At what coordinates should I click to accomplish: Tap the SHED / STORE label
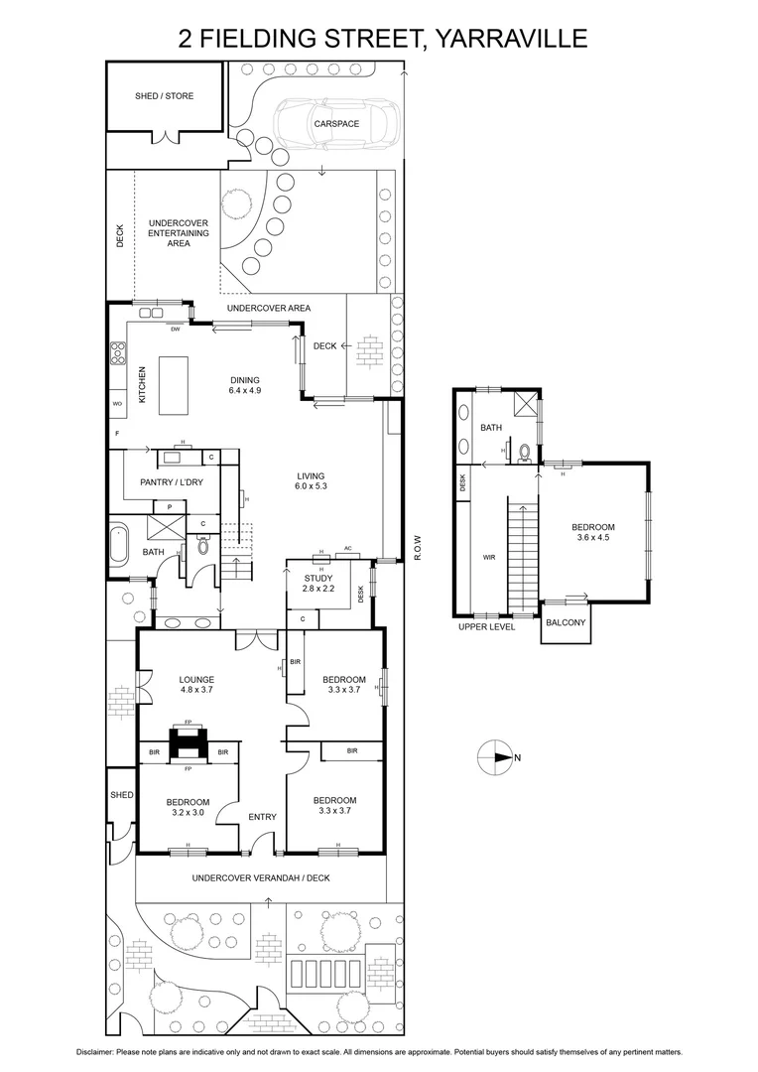(x=165, y=96)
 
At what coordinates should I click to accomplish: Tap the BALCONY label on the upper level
(x=566, y=623)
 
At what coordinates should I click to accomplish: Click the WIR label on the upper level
(x=488, y=558)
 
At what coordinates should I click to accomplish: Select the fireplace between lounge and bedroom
(x=187, y=741)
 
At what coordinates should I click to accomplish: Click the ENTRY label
(x=262, y=817)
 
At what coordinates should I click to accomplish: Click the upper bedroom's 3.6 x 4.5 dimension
(x=592, y=539)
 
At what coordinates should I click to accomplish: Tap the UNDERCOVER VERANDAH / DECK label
(x=260, y=877)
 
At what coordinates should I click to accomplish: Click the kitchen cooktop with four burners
(x=118, y=350)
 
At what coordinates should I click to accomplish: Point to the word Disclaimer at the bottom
(x=97, y=1052)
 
